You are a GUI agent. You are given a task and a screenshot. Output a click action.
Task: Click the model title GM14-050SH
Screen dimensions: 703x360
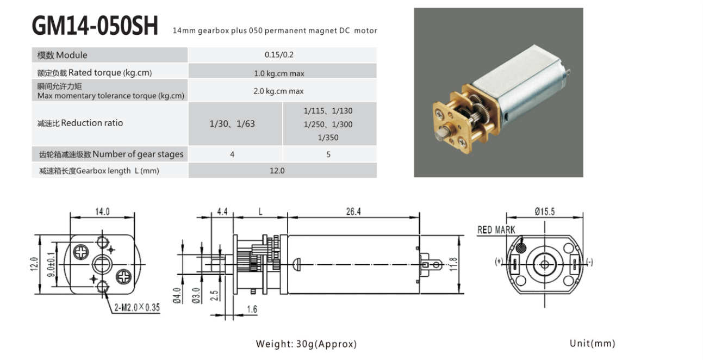click(95, 26)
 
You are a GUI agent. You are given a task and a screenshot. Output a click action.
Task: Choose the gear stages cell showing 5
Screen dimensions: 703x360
click(328, 154)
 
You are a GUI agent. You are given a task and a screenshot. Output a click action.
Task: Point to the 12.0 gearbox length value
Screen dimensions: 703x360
click(277, 171)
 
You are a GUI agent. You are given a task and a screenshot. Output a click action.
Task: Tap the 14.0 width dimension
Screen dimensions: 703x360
click(103, 212)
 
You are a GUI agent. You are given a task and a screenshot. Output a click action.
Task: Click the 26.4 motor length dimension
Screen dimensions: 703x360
click(353, 212)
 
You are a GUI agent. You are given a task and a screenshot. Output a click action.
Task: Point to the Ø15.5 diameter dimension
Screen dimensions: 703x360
click(545, 212)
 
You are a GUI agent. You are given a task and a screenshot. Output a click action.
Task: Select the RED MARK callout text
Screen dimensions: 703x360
click(496, 230)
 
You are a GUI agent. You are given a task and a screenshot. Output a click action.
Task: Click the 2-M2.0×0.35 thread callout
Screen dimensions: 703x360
click(137, 307)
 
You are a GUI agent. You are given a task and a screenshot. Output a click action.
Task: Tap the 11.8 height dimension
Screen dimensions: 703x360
click(453, 264)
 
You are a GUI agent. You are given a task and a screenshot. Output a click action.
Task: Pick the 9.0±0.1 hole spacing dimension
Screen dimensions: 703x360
click(51, 264)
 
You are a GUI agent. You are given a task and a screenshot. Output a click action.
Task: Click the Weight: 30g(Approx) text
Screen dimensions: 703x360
click(306, 344)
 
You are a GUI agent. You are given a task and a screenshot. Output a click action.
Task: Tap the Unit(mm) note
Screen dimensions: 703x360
click(593, 343)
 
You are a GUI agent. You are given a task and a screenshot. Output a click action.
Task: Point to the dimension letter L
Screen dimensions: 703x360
click(260, 212)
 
